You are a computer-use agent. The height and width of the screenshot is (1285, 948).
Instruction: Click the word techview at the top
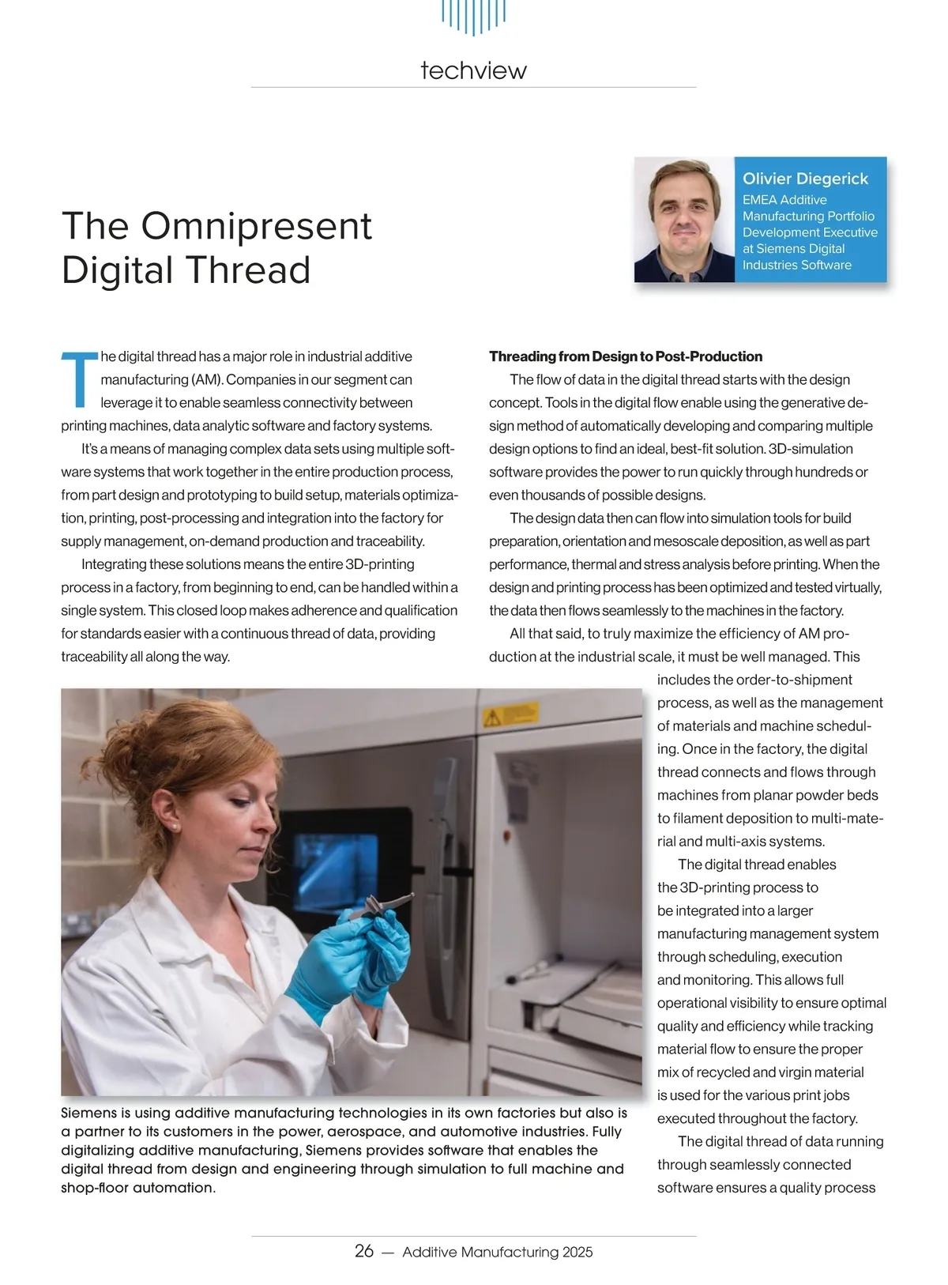pyautogui.click(x=473, y=70)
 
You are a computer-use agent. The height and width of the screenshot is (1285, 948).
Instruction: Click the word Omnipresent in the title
pyautogui.click(x=256, y=226)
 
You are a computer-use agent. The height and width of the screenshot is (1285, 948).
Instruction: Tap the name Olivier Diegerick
pyautogui.click(x=805, y=179)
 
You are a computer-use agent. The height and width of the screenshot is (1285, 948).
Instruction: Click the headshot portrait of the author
pyautogui.click(x=685, y=220)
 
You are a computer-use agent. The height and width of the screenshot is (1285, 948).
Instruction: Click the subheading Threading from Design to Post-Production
pyautogui.click(x=626, y=356)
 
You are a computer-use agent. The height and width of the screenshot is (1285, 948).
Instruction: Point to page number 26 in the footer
pyautogui.click(x=364, y=1251)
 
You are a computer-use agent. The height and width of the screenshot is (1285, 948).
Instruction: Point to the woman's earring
pyautogui.click(x=173, y=824)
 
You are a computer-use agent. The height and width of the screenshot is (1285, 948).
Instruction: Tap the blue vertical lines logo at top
pyautogui.click(x=473, y=16)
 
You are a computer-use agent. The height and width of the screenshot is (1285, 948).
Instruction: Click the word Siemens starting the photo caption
pyautogui.click(x=89, y=1114)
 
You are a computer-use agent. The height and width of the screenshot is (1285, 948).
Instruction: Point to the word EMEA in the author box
pyautogui.click(x=758, y=200)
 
